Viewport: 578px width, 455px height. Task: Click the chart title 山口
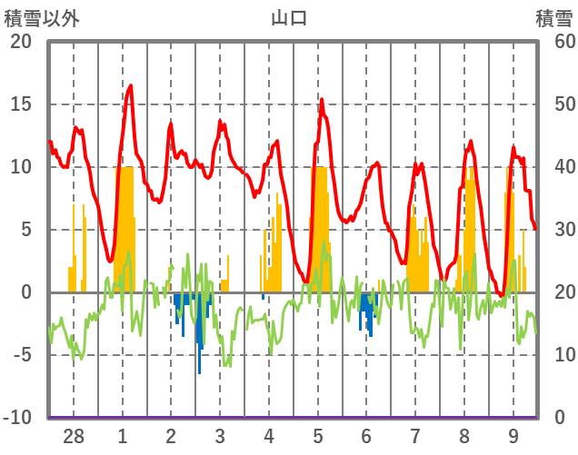tap(289, 18)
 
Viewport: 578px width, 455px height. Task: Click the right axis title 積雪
tap(553, 18)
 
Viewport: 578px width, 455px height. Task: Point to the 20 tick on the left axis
tap(21, 42)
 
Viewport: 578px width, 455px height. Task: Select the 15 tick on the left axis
tap(21, 104)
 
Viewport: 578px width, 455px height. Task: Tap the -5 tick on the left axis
tap(21, 355)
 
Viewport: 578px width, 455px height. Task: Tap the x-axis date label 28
tap(74, 437)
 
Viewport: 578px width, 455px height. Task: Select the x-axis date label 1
tap(122, 437)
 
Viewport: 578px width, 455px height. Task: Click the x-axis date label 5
tap(318, 437)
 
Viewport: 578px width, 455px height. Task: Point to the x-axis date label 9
tap(513, 437)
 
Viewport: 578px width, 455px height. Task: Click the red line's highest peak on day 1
tap(131, 86)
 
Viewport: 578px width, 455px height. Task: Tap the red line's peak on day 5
tap(321, 100)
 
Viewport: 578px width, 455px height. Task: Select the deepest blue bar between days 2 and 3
tap(200, 371)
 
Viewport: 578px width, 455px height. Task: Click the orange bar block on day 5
tap(319, 227)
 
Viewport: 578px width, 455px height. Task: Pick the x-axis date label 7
tap(415, 437)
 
